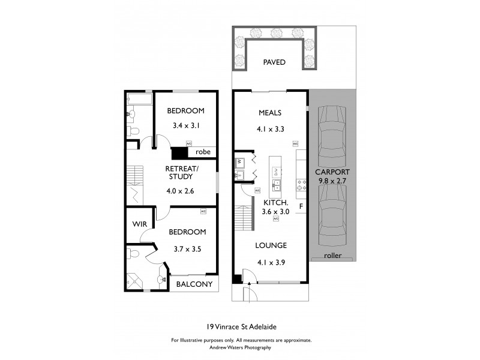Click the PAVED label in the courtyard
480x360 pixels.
(274, 62)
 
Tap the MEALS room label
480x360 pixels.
(270, 113)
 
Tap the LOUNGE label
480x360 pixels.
(270, 245)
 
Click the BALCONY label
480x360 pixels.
(194, 284)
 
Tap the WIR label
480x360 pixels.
(139, 224)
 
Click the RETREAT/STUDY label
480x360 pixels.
(179, 172)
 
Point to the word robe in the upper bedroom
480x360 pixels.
(203, 152)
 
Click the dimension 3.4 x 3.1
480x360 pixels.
(185, 126)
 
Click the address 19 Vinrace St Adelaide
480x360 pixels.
(240, 327)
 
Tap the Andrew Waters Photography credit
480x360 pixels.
(240, 347)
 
